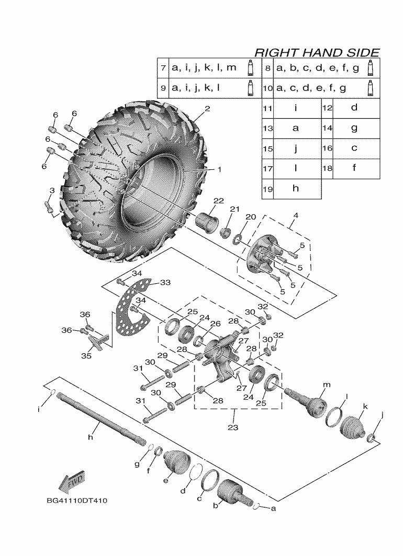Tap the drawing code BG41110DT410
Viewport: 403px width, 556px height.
[77, 501]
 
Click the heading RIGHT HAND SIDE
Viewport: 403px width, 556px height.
[317, 52]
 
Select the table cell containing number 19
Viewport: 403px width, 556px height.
[268, 189]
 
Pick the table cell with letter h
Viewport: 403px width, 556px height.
[297, 189]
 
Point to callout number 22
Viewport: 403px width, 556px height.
[218, 201]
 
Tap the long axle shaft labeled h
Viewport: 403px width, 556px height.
[101, 419]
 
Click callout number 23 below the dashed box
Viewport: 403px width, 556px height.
[233, 427]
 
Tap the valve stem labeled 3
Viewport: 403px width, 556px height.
[49, 205]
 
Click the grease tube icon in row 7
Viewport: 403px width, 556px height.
[250, 68]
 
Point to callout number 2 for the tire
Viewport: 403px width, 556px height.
[207, 109]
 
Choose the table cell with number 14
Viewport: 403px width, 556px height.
[327, 129]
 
